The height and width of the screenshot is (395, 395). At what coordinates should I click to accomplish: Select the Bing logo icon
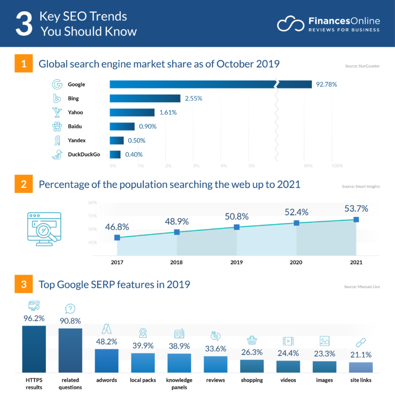pos(57,98)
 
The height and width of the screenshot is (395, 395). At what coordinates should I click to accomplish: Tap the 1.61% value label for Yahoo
pos(168,112)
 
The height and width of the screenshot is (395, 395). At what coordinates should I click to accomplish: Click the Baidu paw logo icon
pos(57,126)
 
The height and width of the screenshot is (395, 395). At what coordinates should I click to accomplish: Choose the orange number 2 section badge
pos(24,184)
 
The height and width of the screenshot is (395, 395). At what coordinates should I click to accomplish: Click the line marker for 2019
pos(237,227)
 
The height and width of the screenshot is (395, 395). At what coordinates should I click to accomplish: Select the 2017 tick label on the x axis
pos(117,262)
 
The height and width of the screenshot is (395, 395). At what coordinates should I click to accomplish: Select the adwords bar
pos(107,361)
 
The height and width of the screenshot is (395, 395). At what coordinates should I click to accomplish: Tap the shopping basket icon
pos(252,340)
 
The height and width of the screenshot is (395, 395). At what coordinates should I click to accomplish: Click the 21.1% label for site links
pos(361,354)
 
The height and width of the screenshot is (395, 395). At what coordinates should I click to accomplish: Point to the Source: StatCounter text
pos(362,66)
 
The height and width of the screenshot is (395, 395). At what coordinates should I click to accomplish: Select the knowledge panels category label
pos(179,384)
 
